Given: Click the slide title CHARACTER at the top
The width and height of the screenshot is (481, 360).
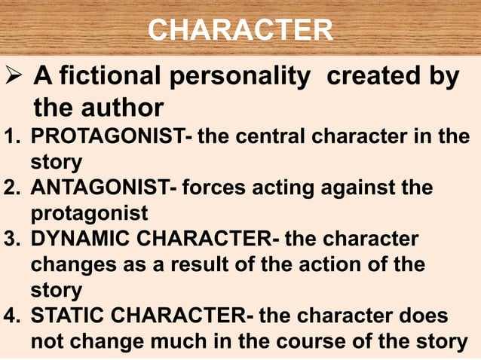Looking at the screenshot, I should [x=240, y=30].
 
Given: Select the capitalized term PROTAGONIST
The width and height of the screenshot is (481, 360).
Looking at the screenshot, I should [x=103, y=137].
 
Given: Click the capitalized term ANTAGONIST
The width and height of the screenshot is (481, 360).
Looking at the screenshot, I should [x=99, y=187].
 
